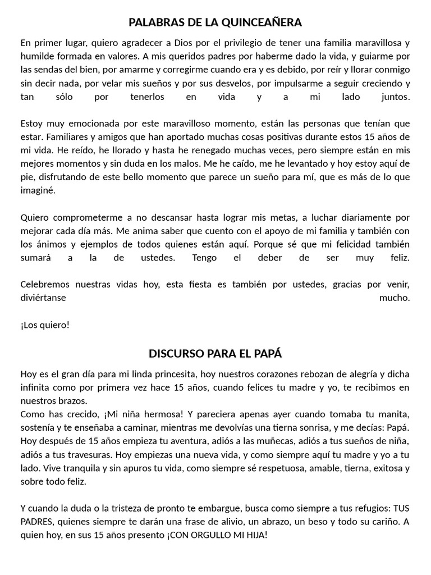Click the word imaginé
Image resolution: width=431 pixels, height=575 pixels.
pos(38,190)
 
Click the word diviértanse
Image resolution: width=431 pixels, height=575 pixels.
pos(43,298)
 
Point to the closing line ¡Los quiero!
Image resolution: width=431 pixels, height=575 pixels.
pos(45,325)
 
